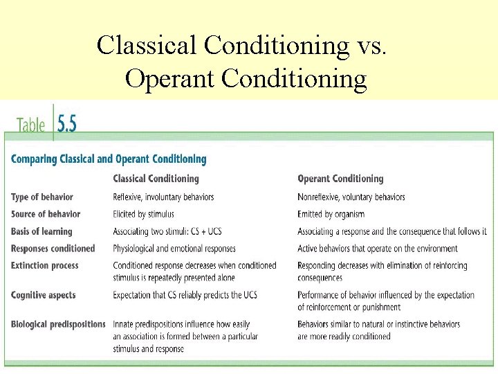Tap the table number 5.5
click(67, 124)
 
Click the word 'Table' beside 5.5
click(31, 125)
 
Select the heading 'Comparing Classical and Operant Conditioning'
click(109, 159)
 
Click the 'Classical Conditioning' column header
click(156, 179)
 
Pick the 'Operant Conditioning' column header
click(340, 179)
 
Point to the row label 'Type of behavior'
click(42, 197)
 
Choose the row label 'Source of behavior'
click(46, 214)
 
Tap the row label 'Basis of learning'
click(41, 231)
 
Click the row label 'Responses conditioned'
click(53, 248)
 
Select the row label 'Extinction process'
click(45, 265)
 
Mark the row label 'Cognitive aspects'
click(44, 295)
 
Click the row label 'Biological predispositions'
click(58, 324)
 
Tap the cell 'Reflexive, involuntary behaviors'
click(164, 197)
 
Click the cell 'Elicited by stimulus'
click(144, 214)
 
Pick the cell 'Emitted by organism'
click(331, 214)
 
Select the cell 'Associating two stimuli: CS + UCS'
click(171, 231)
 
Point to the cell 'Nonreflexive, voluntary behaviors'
click(351, 197)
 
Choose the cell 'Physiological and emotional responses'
click(174, 248)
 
